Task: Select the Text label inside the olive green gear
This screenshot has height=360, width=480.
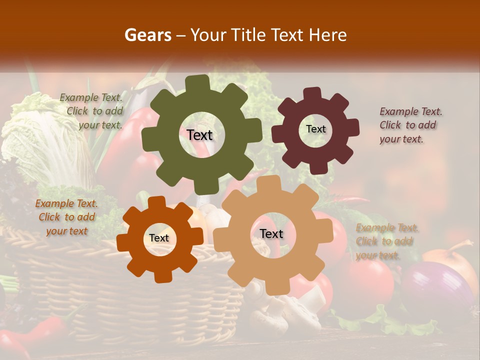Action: [x=199, y=135]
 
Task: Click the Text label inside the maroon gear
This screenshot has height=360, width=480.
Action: [x=315, y=129]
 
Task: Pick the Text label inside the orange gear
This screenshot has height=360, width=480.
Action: [x=159, y=238]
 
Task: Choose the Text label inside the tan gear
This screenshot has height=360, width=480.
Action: [x=271, y=234]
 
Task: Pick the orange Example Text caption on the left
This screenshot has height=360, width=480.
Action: [x=67, y=217]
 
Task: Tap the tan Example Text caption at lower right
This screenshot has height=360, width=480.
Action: [x=386, y=241]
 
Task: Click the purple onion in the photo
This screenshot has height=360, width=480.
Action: [x=435, y=290]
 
